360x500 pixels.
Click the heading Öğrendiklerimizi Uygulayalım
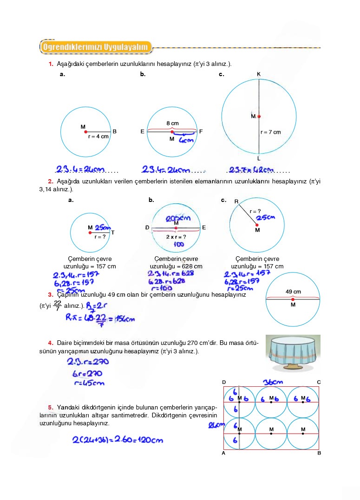[x=96, y=47]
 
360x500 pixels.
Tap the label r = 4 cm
[x=98, y=136]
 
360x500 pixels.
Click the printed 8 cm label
[x=172, y=123]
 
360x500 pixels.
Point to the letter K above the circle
[x=259, y=74]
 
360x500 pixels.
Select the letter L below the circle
[x=259, y=158]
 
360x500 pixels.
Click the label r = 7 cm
[x=271, y=132]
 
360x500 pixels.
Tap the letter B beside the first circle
[x=115, y=131]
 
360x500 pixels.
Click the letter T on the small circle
[x=112, y=233]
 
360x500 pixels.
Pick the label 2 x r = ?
[x=176, y=237]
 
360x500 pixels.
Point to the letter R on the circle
[x=236, y=201]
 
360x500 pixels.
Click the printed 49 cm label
[x=293, y=292]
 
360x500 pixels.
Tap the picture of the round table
[x=293, y=353]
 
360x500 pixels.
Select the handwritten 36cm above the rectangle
[x=273, y=382]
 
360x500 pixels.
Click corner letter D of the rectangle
[x=224, y=382]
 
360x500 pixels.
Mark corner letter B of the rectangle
[x=319, y=453]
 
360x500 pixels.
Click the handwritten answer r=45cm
[x=89, y=383]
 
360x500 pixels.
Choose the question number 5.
[x=50, y=407]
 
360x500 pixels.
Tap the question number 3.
[x=50, y=294]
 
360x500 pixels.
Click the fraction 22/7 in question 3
[x=58, y=306]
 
